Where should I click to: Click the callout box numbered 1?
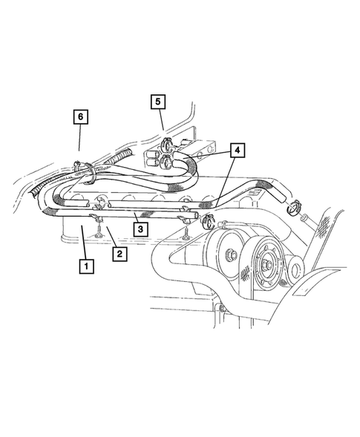point(87,265)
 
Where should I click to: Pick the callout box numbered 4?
point(236,151)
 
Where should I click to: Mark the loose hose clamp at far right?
point(295,206)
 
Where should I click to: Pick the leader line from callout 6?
point(80,141)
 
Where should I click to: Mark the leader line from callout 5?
point(161,122)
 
